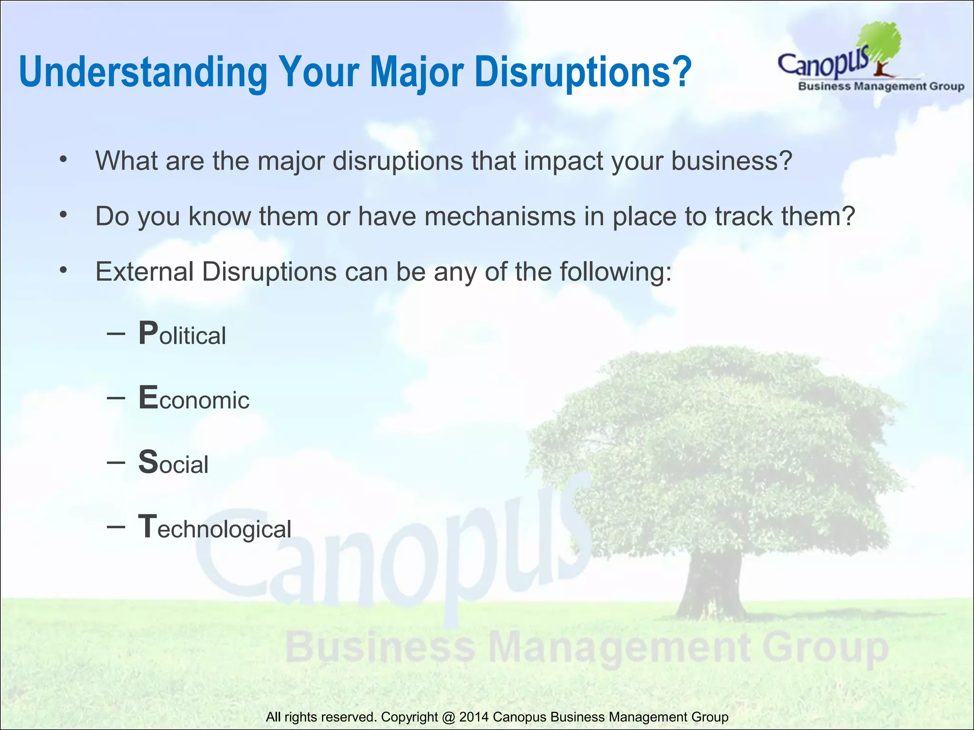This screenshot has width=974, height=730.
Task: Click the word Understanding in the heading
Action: pos(143,72)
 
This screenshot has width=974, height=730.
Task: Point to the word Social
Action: pos(174,462)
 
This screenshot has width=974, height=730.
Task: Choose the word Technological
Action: pos(215,528)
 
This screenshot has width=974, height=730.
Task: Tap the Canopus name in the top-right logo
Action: pos(823,64)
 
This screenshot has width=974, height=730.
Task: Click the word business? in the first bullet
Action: pos(731,161)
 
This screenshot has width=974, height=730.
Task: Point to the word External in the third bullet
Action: pos(145,272)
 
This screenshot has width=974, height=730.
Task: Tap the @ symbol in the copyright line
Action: pos(448,717)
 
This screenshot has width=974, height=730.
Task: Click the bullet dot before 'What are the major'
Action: pos(63,160)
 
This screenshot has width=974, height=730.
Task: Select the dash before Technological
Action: pos(116,526)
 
